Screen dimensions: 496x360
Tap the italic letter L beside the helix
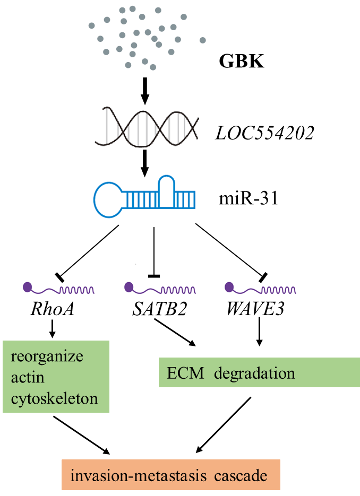[220, 133]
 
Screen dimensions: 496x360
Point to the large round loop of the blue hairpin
[108, 199]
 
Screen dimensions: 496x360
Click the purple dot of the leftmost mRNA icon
[27, 288]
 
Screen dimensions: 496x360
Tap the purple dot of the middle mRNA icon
[128, 287]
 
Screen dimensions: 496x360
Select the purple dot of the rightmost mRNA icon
[229, 287]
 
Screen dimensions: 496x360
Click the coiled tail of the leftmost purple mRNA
[78, 290]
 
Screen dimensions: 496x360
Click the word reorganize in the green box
[47, 356]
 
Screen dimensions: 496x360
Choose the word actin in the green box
[27, 377]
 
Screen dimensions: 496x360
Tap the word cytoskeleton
[54, 399]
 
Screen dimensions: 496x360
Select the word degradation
[254, 373]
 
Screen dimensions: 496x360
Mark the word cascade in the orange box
[241, 475]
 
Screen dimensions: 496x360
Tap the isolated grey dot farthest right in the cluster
[202, 40]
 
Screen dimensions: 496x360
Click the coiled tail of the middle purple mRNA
[179, 290]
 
